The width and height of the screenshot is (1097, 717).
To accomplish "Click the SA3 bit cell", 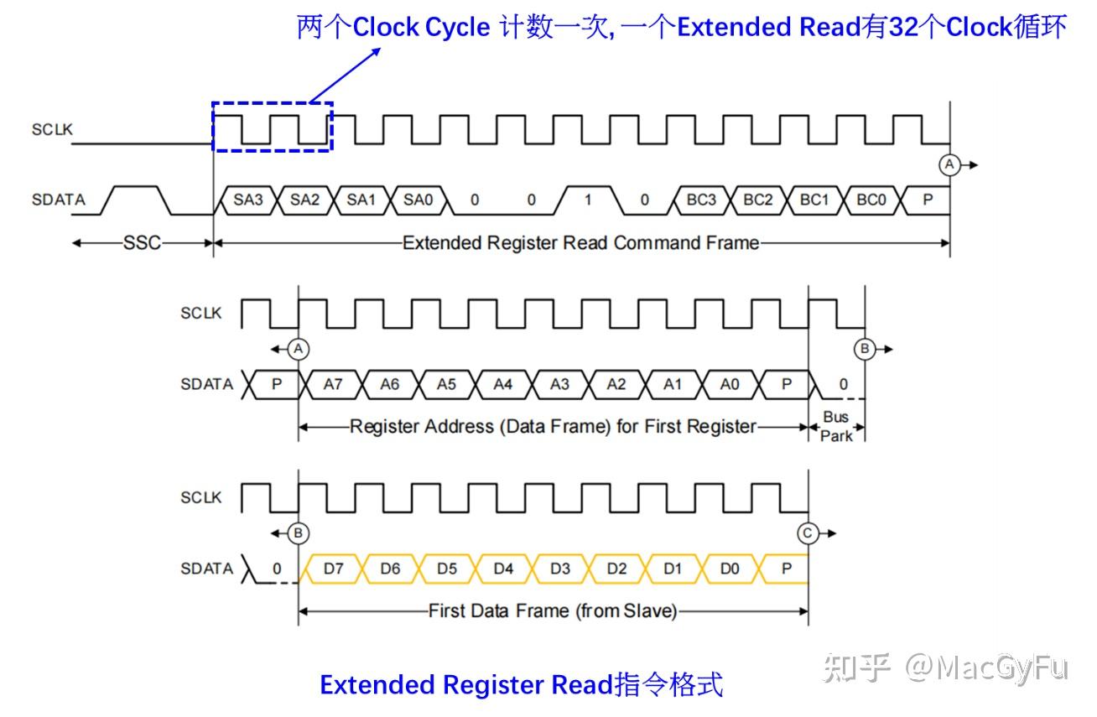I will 248,200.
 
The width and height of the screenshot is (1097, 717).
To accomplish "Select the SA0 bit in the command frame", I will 418,200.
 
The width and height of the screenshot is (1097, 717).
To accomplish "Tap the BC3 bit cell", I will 701,200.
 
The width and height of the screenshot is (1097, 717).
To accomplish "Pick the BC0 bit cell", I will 871,200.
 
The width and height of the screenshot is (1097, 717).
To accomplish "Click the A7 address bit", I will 333,384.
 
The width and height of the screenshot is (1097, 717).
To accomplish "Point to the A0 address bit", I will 730,384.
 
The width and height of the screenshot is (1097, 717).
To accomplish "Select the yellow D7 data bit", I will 333,569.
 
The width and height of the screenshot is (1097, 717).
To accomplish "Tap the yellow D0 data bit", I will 730,569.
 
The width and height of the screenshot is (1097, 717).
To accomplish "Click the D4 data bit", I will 503,569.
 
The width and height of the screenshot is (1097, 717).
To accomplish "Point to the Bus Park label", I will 836,426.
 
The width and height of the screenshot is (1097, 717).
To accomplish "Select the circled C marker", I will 808,533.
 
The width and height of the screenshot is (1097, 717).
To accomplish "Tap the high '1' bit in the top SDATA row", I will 588,200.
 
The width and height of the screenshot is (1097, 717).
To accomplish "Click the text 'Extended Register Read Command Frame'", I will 580,243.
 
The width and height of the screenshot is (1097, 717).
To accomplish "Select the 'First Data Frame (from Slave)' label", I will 552,611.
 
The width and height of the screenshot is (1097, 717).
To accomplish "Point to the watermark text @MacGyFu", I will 986,668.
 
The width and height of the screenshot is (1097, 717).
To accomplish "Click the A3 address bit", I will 559,384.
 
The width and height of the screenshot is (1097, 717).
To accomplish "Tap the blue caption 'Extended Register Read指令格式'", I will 521,685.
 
